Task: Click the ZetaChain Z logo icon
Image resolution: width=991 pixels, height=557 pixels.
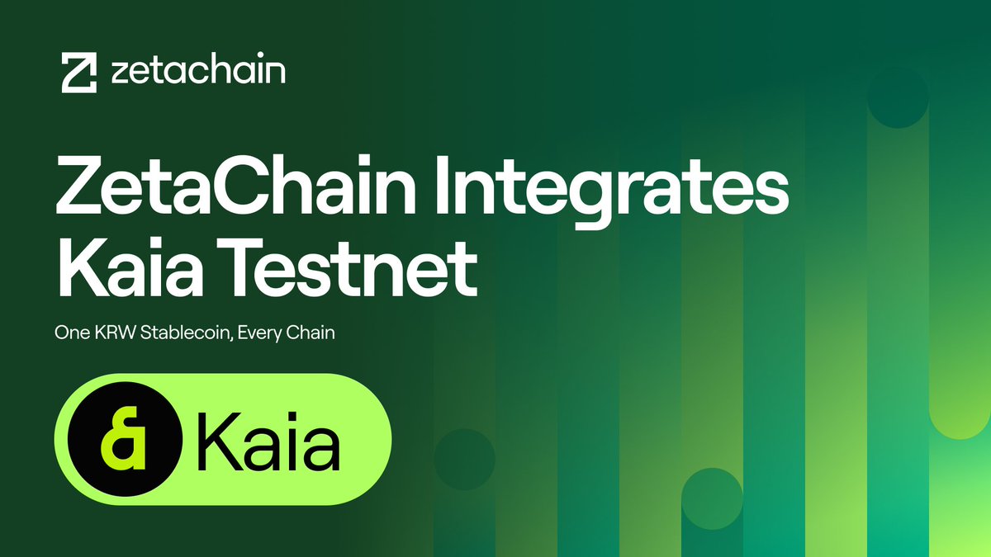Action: click(x=80, y=73)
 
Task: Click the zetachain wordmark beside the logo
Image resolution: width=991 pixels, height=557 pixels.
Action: click(x=197, y=72)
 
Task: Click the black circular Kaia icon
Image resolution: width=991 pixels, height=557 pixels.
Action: click(x=125, y=439)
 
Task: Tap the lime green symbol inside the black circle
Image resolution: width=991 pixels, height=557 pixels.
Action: click(x=123, y=439)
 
